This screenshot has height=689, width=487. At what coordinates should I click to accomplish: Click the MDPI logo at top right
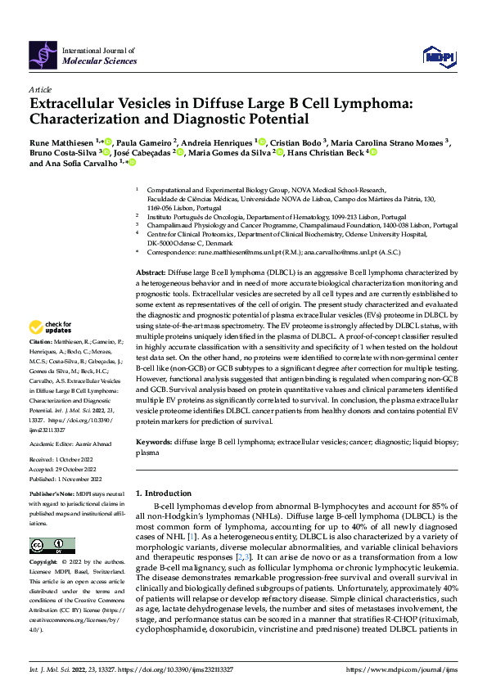[438, 56]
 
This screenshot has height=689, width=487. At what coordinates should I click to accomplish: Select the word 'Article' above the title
[39, 89]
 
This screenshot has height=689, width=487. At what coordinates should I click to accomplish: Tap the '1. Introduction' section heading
[161, 493]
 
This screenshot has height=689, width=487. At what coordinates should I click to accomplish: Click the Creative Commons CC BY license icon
[52, 546]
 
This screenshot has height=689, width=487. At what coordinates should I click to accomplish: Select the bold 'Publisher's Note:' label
[52, 495]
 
